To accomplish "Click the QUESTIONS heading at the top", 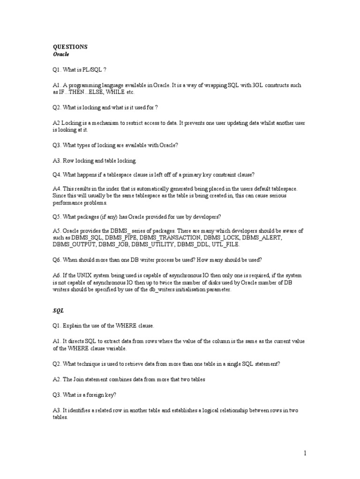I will [x=70, y=47].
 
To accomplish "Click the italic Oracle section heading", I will [x=61, y=54].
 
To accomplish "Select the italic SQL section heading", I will [x=58, y=310].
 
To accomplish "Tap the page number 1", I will [x=305, y=453].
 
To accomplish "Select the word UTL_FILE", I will [x=226, y=244].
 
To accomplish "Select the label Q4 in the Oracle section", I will [x=56, y=174].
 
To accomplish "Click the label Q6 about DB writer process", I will [x=56, y=260].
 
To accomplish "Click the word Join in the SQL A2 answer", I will [x=78, y=379].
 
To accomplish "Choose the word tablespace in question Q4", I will [x=116, y=174].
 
